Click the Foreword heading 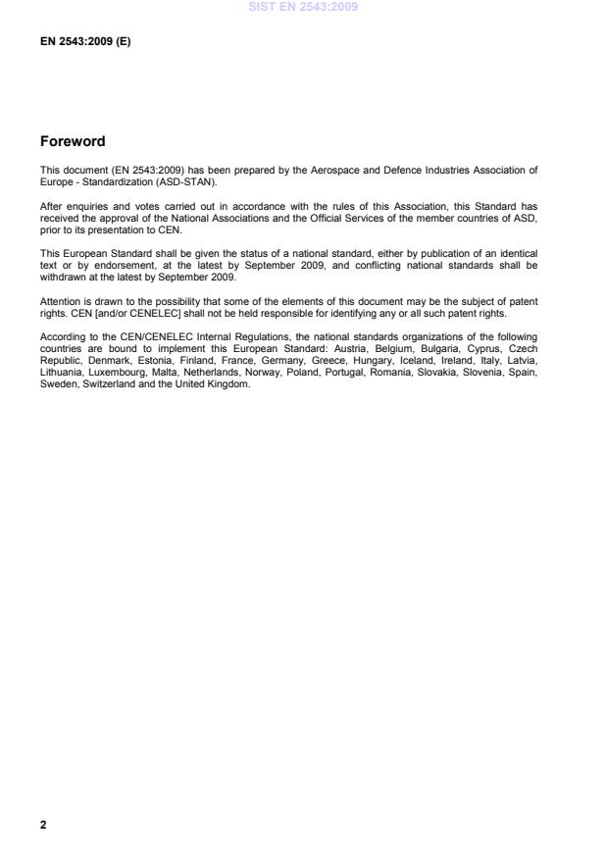pyautogui.click(x=73, y=141)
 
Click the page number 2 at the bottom pyautogui.click(x=43, y=825)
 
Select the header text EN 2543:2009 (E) pyautogui.click(x=85, y=42)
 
